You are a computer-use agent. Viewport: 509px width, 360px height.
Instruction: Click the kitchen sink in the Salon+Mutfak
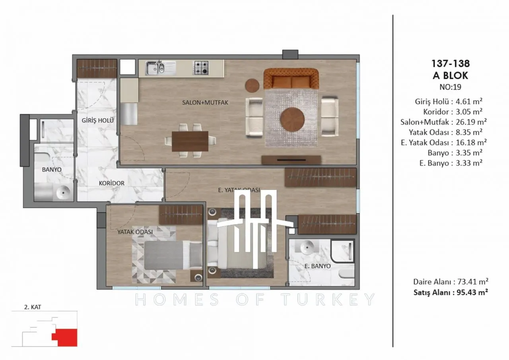(161, 68)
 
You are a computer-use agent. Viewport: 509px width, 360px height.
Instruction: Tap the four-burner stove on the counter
(201, 68)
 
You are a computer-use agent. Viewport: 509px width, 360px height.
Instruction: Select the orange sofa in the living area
(291, 79)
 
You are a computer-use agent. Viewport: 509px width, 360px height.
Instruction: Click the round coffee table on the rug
(292, 120)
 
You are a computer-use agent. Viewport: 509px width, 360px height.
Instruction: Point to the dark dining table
(190, 141)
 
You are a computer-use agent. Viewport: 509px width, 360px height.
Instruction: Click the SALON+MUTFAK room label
(205, 103)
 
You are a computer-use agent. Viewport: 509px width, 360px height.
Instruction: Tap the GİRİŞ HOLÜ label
(98, 120)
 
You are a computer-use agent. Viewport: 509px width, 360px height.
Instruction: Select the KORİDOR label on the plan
(112, 183)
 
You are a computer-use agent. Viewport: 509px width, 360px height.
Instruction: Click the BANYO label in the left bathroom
(52, 170)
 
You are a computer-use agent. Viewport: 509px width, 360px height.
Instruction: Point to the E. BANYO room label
(317, 266)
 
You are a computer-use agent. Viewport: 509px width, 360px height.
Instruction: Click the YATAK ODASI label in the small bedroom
(135, 232)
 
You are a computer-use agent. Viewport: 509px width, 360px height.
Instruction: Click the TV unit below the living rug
(291, 160)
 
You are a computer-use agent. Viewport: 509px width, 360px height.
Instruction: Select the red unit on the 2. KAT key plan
(65, 337)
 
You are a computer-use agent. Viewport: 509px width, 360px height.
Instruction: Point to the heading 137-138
(451, 64)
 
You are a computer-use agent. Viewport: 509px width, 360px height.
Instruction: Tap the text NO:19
(451, 87)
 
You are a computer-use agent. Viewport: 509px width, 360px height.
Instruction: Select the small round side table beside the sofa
(252, 85)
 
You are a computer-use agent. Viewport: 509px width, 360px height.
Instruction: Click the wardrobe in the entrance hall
(97, 68)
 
